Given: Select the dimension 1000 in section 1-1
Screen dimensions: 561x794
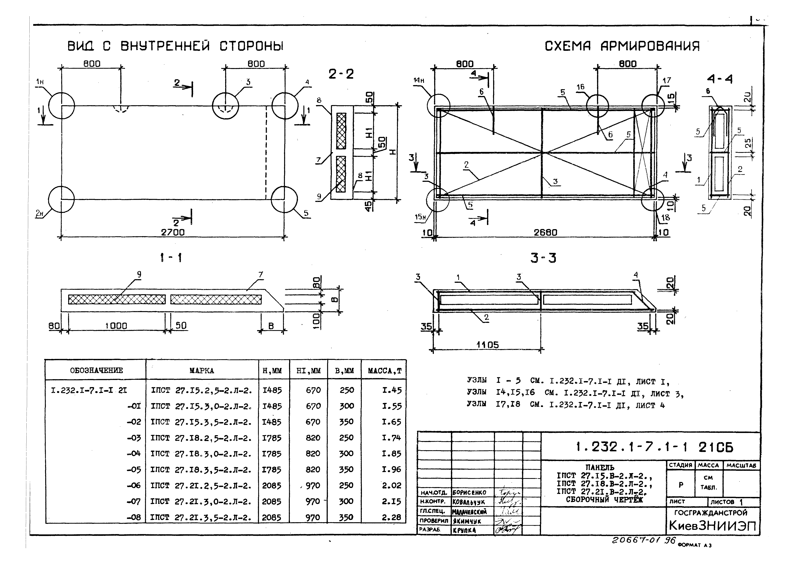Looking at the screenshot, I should pos(116,326).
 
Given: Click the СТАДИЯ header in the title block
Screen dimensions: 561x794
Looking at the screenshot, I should pos(680,465).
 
